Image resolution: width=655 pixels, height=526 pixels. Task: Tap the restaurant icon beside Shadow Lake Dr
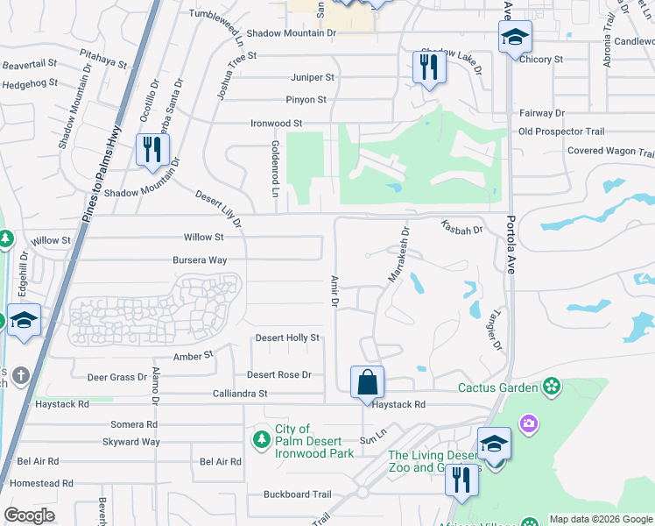click(428, 67)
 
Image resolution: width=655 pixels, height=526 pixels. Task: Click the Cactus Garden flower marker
click(551, 386)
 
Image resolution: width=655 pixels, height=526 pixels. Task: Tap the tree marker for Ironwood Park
click(260, 438)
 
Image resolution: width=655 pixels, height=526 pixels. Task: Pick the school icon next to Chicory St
click(515, 37)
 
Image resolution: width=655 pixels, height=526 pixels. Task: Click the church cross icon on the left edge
click(21, 375)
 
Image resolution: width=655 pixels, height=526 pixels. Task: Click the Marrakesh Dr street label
click(398, 255)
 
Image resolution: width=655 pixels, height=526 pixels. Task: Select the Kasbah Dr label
click(461, 227)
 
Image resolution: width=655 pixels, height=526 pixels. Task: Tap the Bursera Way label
click(200, 260)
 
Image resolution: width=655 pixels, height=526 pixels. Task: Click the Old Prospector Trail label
click(561, 131)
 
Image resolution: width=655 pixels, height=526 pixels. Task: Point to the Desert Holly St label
click(287, 338)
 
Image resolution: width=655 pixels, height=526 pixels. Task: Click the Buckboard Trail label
click(299, 494)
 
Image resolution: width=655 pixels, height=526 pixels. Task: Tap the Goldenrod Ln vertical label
click(274, 167)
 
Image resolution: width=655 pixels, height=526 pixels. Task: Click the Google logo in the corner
click(29, 515)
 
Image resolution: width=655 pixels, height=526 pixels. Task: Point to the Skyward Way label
click(131, 442)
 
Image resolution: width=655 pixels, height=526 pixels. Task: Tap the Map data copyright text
click(600, 519)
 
